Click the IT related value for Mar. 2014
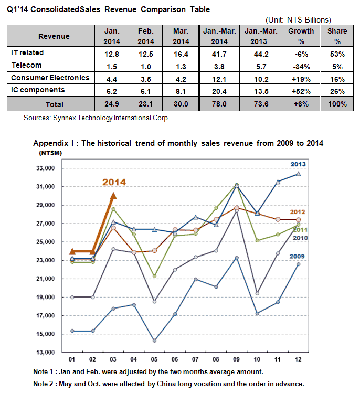[x=181, y=54]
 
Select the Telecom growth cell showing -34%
[x=301, y=67]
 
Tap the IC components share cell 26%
[x=337, y=91]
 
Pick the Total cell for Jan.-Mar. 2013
[x=261, y=104]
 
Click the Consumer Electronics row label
[x=50, y=78]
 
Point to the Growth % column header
[x=301, y=36]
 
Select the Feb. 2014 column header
[x=146, y=36]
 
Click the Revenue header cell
[x=54, y=36]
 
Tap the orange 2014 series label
[x=114, y=182]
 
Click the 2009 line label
[x=297, y=256]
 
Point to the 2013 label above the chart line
[x=298, y=164]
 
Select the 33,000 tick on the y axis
[x=45, y=168]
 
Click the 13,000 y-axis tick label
[x=45, y=352]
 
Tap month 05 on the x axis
[x=154, y=359]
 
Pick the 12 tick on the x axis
[x=298, y=359]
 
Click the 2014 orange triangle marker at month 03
[x=113, y=196]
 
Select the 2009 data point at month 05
[x=154, y=341]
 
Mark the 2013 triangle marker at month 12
[x=298, y=174]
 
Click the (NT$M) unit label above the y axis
[x=50, y=153]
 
